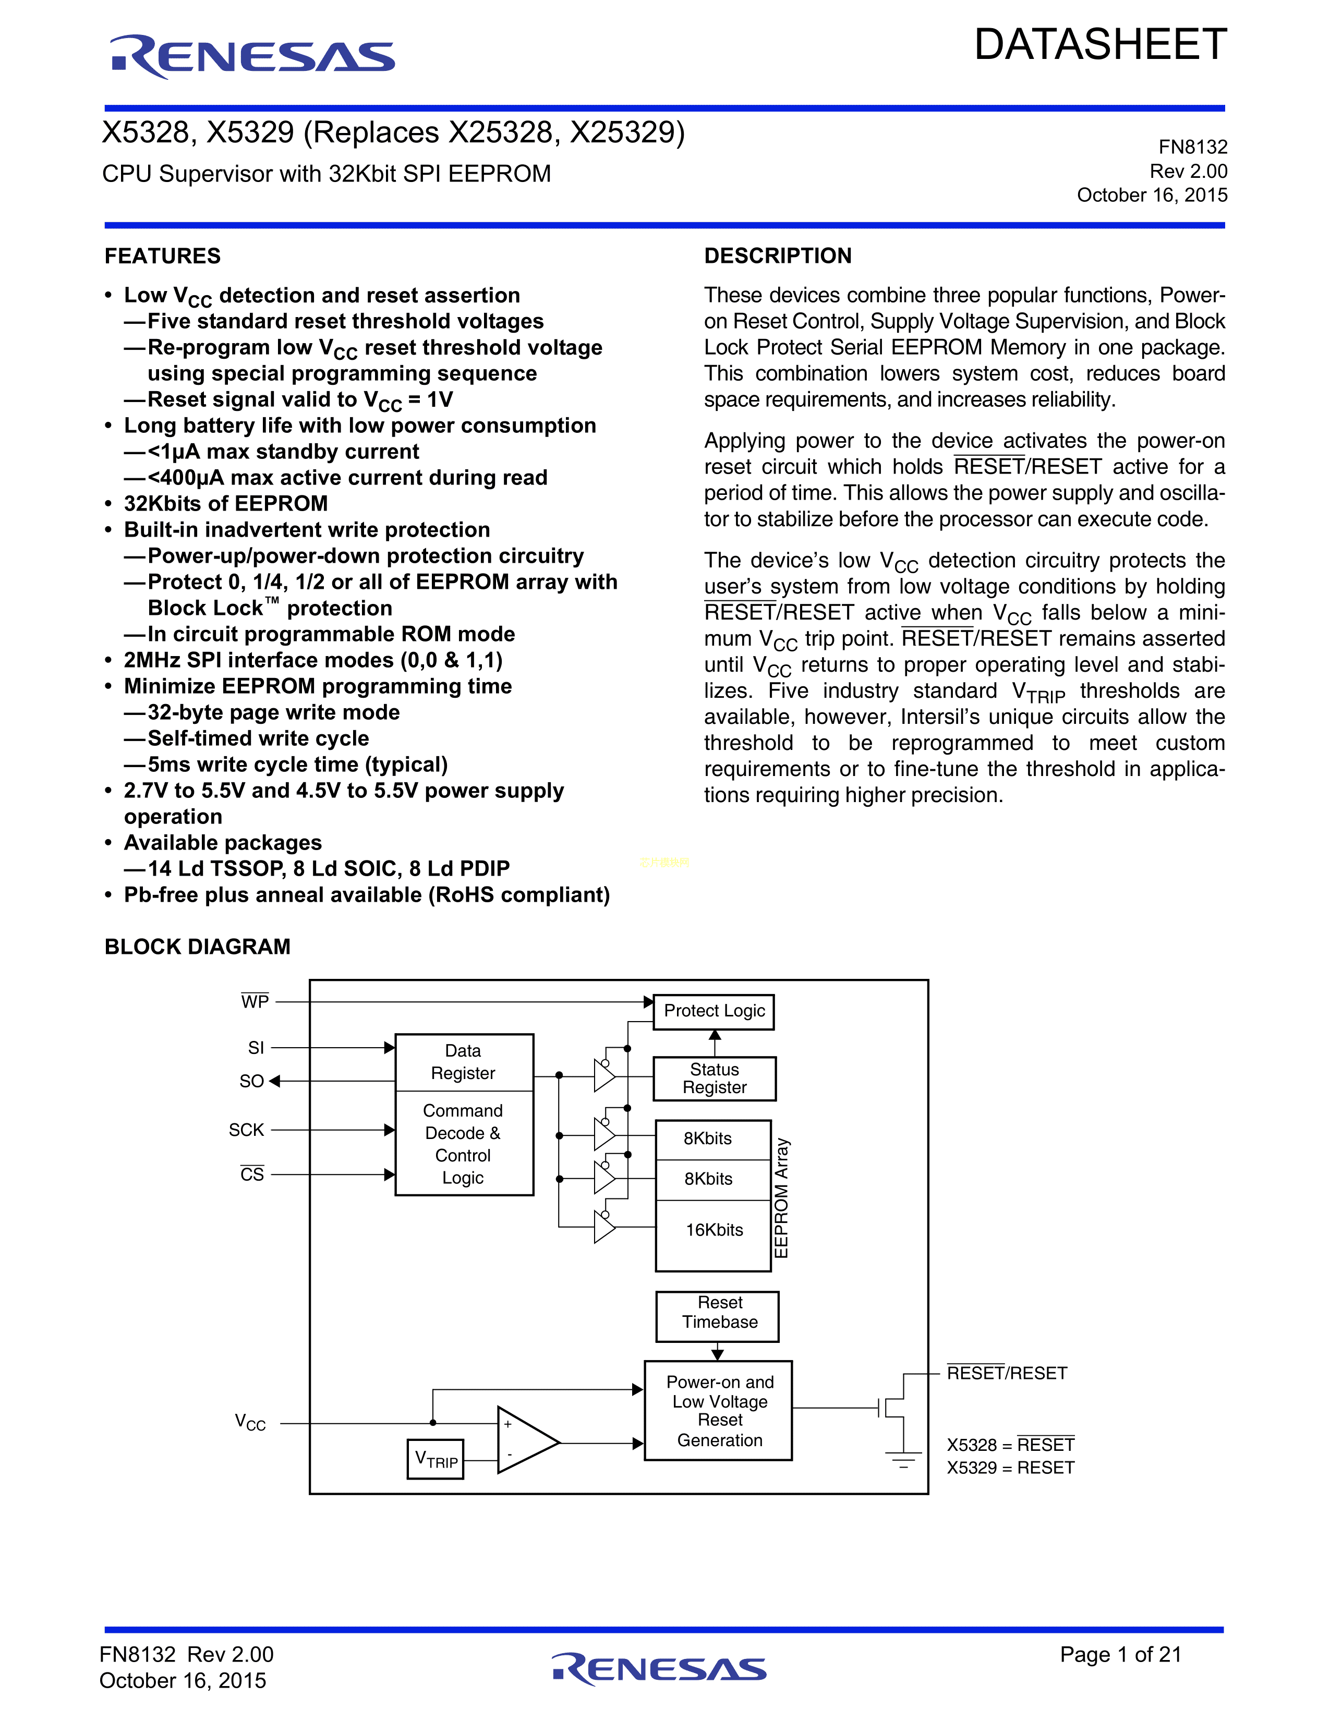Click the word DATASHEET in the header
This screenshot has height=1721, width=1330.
click(x=1100, y=45)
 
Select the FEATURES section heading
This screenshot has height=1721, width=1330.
click(x=162, y=256)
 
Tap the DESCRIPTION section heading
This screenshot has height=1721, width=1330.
click(x=778, y=256)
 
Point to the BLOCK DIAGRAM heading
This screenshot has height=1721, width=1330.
click(x=197, y=947)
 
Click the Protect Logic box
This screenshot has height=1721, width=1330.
click(x=714, y=1011)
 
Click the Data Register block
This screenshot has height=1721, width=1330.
click(x=463, y=1062)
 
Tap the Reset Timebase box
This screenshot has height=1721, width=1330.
click(x=718, y=1313)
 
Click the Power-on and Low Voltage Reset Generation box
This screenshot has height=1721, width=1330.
click(x=719, y=1411)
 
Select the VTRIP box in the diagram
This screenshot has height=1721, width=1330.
click(x=436, y=1459)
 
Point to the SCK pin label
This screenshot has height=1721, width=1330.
click(x=247, y=1130)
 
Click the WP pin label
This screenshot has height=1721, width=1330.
click(x=255, y=1001)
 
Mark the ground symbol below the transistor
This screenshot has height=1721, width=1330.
click(x=903, y=1459)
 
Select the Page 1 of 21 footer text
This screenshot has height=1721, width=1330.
click(x=1120, y=1654)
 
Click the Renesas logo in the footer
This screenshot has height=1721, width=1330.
click(x=659, y=1668)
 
